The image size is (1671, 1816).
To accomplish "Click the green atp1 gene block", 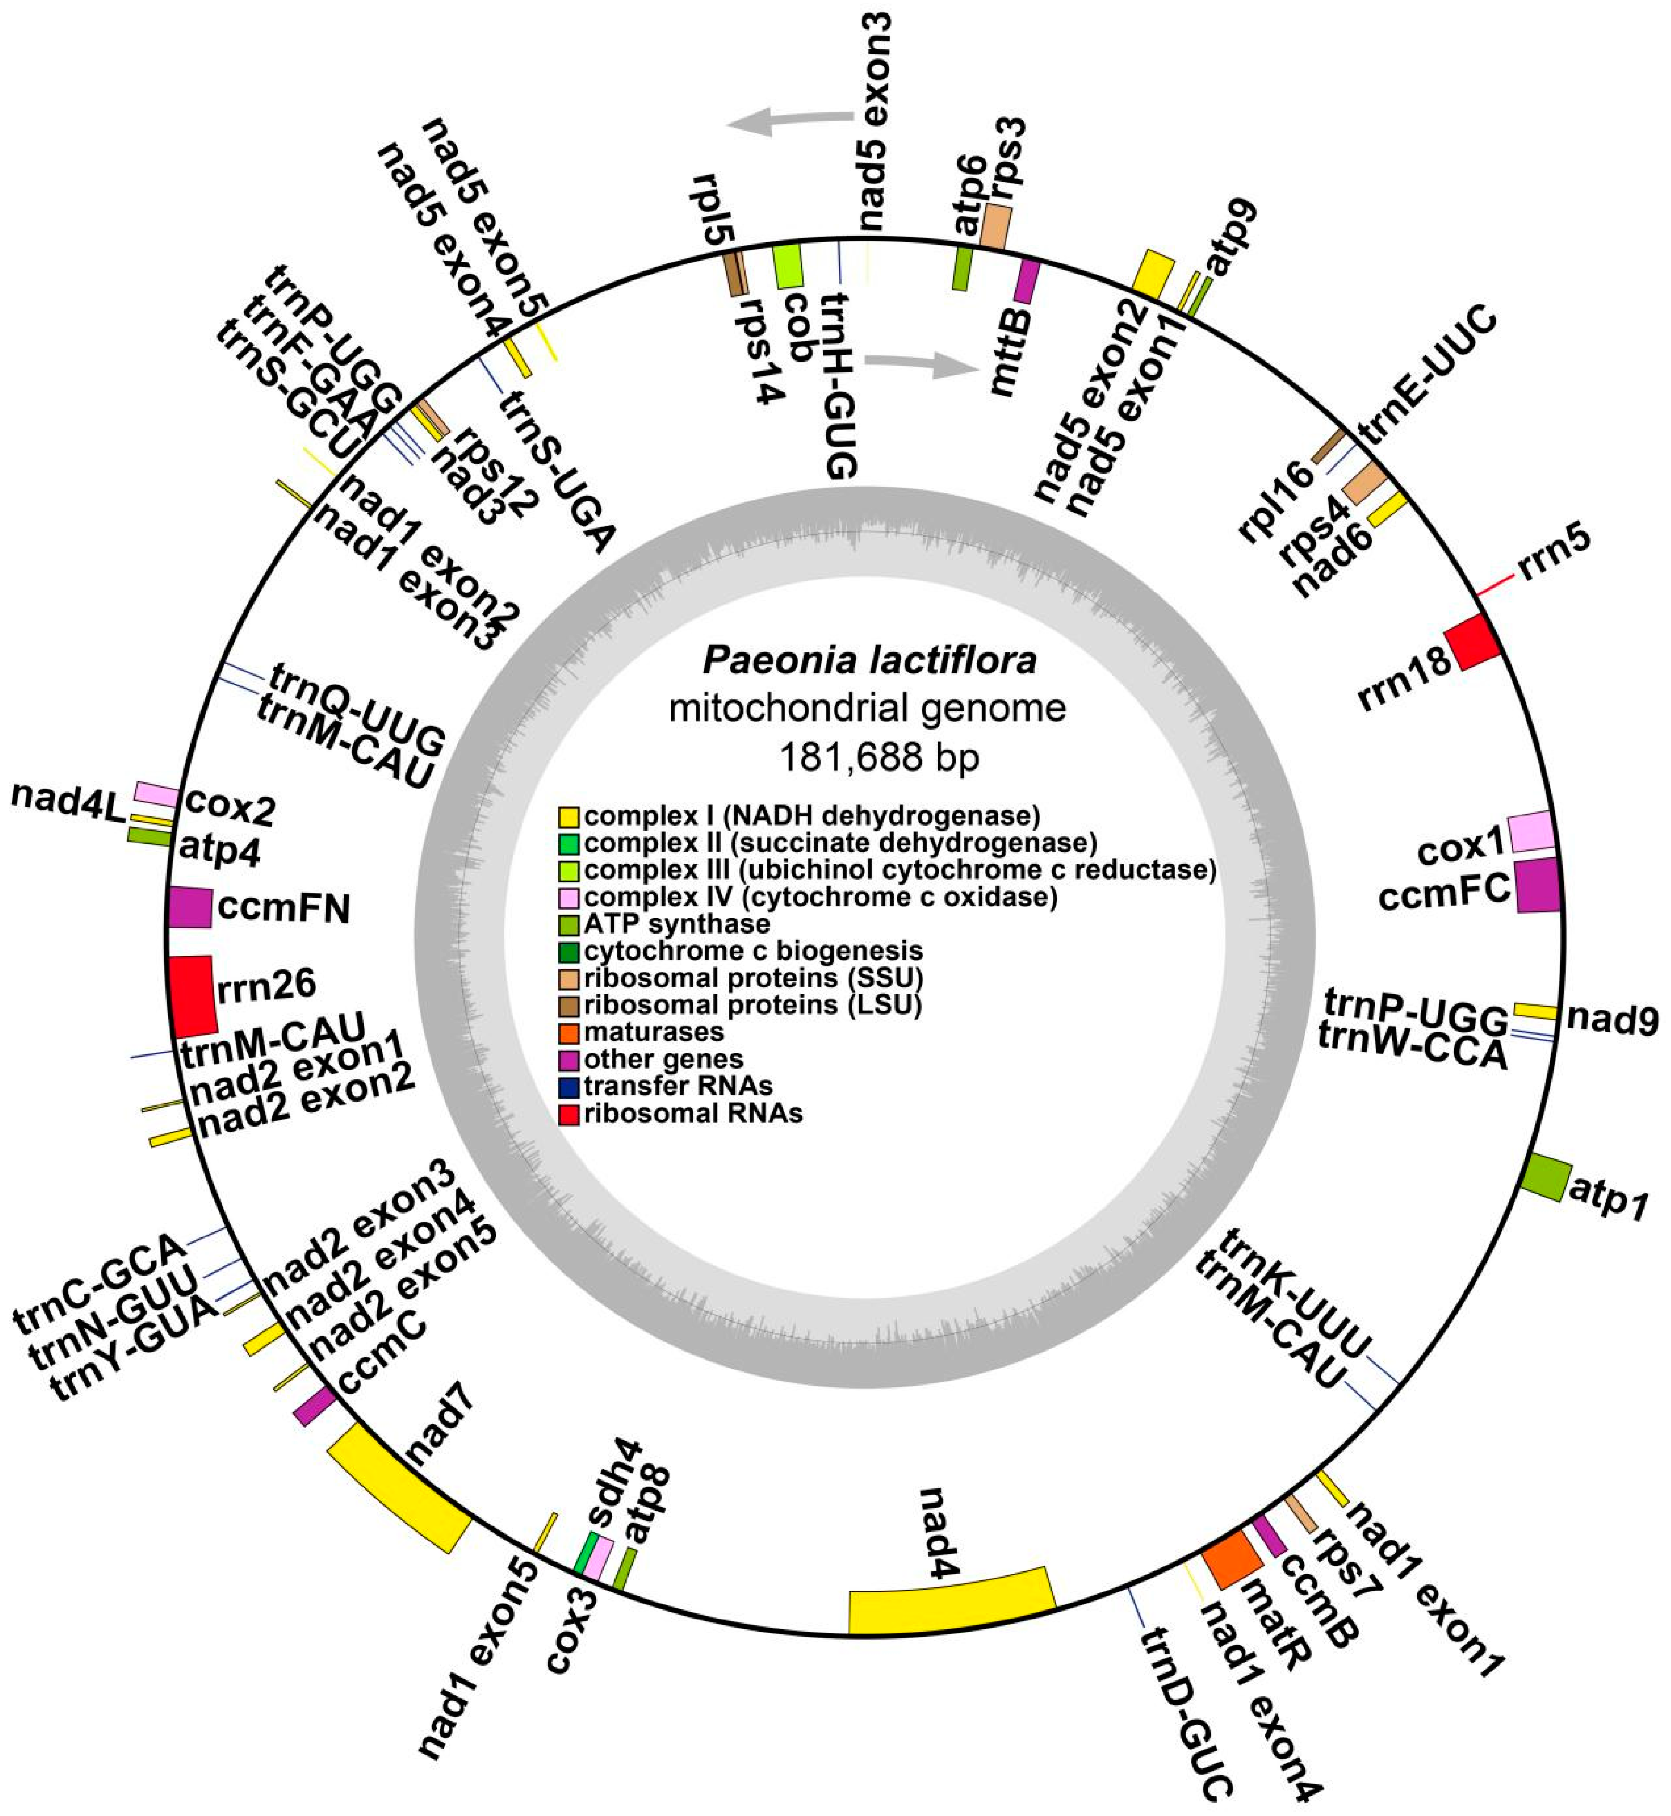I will pos(1546,1177).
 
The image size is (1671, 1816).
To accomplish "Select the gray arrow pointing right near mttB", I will pos(922,365).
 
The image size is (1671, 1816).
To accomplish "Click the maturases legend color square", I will pos(569,1032).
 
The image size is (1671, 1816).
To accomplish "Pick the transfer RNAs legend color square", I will pos(569,1086).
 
